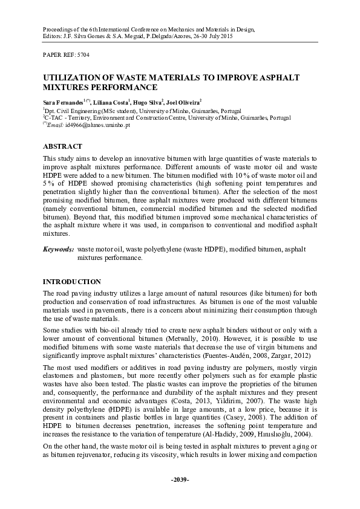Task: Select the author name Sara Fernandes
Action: click(x=63, y=103)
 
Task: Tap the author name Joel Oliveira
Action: click(x=183, y=103)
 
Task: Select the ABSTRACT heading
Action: click(x=63, y=146)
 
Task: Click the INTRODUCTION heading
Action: click(x=71, y=282)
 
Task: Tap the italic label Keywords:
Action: click(x=58, y=248)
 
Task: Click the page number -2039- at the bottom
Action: click(x=180, y=496)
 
